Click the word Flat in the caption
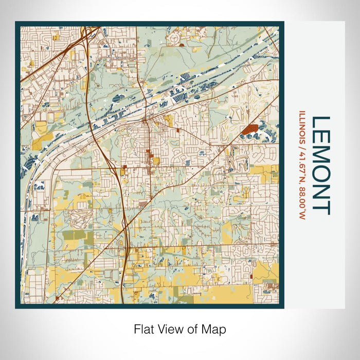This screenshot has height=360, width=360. (143, 329)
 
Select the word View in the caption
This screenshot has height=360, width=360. (169, 329)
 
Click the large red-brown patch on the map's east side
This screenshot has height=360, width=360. (250, 129)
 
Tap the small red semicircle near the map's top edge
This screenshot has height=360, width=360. (182, 45)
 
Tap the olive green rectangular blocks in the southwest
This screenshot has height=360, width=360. (75, 236)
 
